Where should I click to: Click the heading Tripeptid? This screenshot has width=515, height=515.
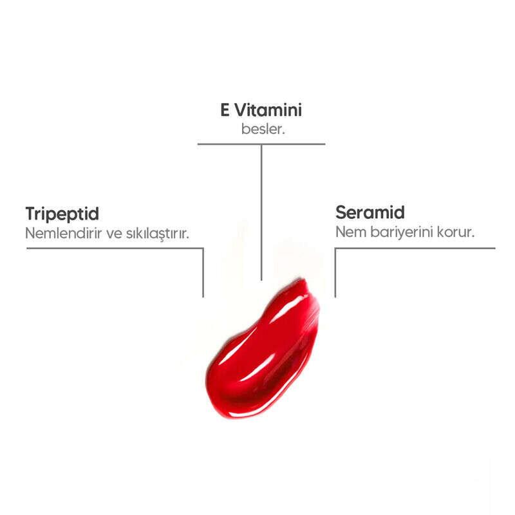click(x=62, y=214)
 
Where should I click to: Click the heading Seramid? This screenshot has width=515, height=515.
click(x=370, y=212)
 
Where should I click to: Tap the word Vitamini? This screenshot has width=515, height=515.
click(x=268, y=110)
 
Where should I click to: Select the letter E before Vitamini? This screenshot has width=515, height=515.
click(x=225, y=110)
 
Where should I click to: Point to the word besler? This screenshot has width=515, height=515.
click(x=263, y=129)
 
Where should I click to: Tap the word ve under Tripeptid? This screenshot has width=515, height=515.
click(x=114, y=234)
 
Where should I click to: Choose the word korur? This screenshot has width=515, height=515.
click(x=456, y=232)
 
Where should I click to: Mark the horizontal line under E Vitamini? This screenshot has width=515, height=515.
click(x=261, y=144)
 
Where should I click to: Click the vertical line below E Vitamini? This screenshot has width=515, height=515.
click(x=261, y=212)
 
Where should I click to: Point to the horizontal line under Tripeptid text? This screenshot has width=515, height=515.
click(x=115, y=248)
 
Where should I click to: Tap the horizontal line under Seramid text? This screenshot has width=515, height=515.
click(x=415, y=248)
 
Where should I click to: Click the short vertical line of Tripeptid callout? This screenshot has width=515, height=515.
click(x=203, y=273)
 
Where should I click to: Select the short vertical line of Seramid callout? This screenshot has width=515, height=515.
click(x=335, y=273)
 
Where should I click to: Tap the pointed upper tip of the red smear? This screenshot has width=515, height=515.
click(x=303, y=279)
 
